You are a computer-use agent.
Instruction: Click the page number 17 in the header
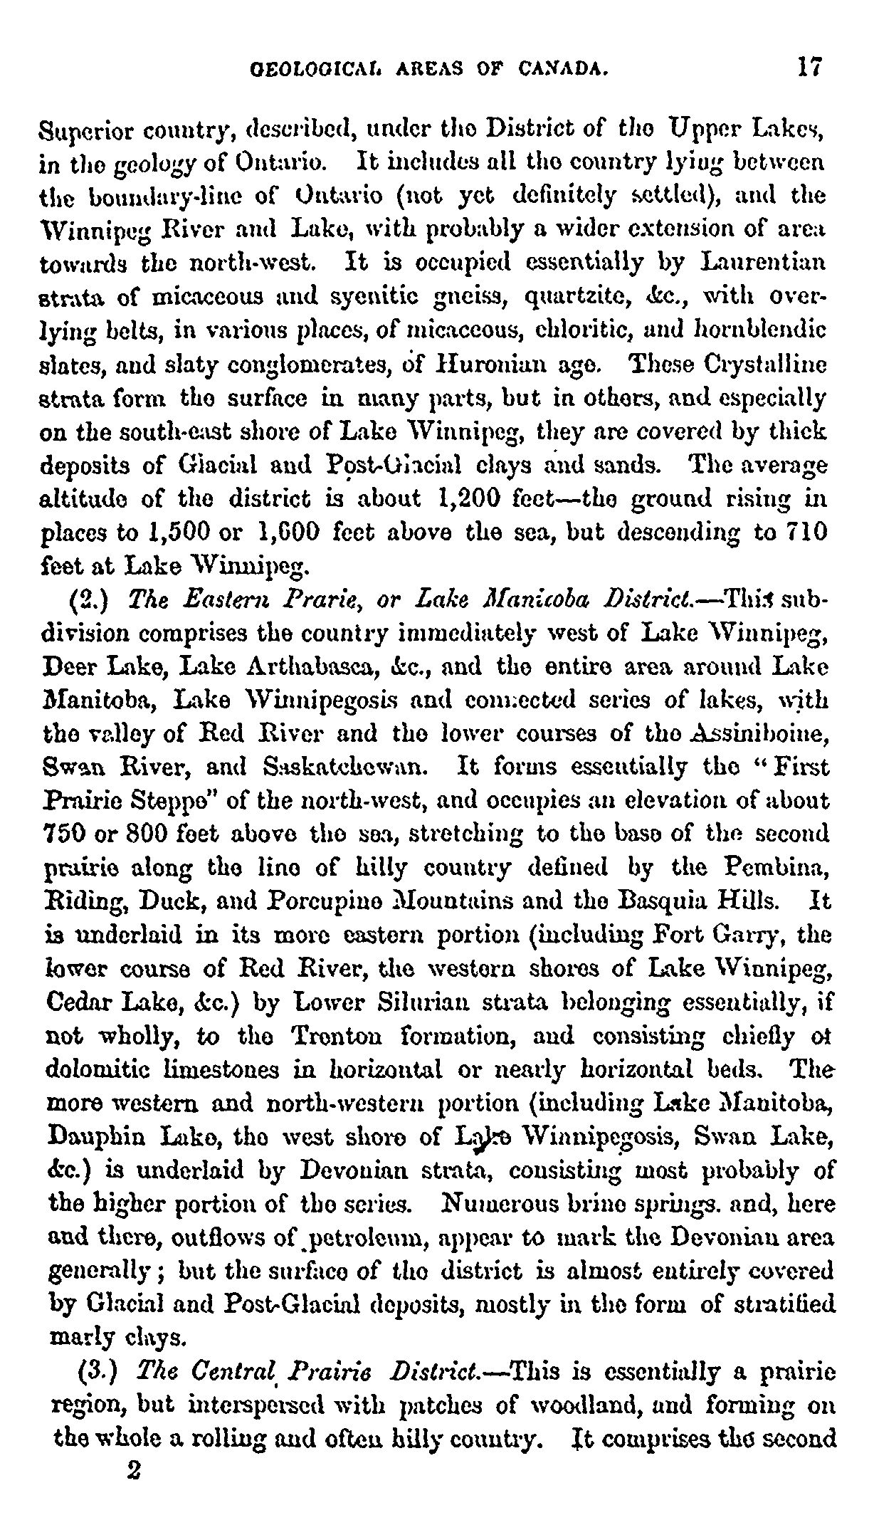(811, 67)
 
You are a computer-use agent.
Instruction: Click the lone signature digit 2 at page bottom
(130, 1478)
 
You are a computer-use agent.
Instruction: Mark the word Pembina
(785, 868)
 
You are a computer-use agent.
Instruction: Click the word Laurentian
(763, 263)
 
